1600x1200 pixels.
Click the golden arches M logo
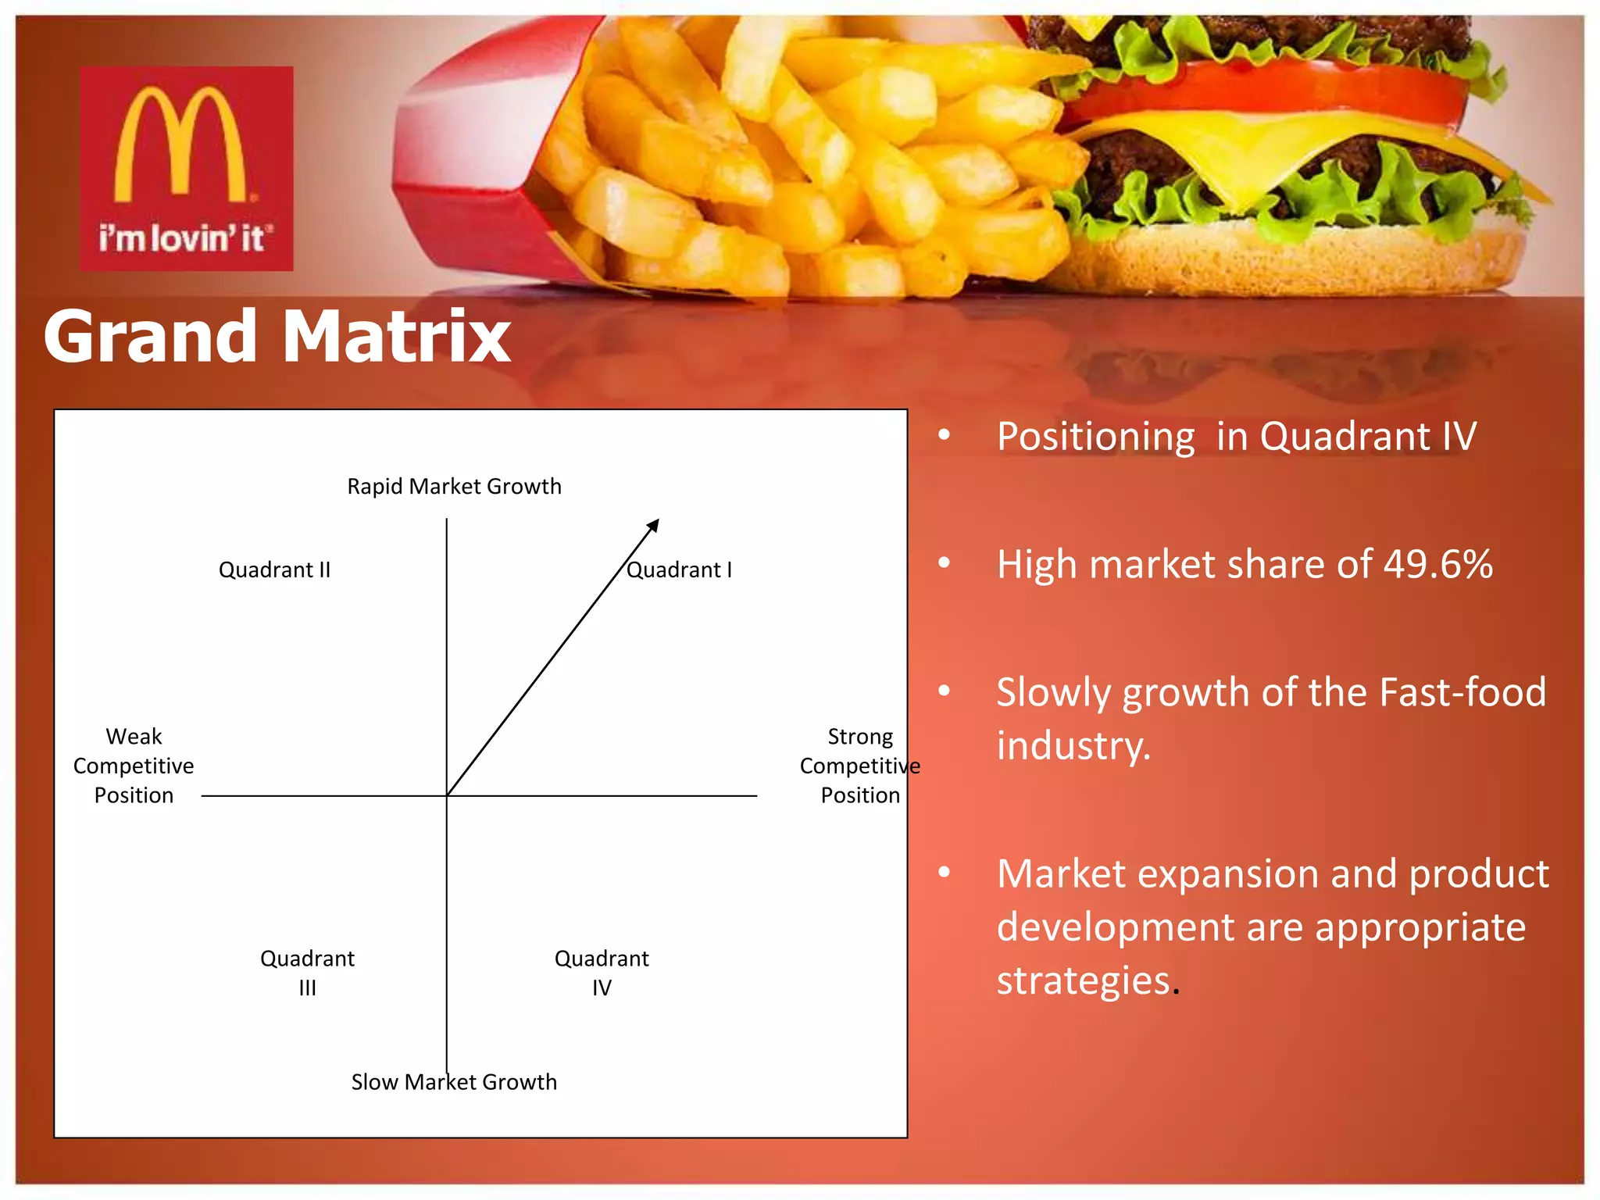click(182, 145)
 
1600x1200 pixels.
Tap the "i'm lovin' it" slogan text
click(186, 237)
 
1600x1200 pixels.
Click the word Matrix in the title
click(396, 337)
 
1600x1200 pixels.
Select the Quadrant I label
click(679, 570)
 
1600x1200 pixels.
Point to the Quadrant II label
click(274, 570)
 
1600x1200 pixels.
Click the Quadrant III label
click(307, 973)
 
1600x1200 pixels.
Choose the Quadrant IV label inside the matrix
click(602, 973)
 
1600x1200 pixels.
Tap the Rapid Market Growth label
click(454, 487)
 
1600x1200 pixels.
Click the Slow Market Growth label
click(454, 1082)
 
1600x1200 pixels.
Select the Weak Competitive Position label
click(134, 766)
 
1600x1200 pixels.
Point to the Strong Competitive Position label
click(859, 766)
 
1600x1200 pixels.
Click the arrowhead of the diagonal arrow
click(655, 524)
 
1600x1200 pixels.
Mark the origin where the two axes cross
click(447, 795)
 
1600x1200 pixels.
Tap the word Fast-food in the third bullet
click(1462, 692)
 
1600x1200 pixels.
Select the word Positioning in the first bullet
click(1095, 437)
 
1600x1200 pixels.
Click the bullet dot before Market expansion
click(945, 872)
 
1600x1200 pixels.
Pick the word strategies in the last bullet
click(1084, 980)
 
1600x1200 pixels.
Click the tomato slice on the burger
click(1266, 94)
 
